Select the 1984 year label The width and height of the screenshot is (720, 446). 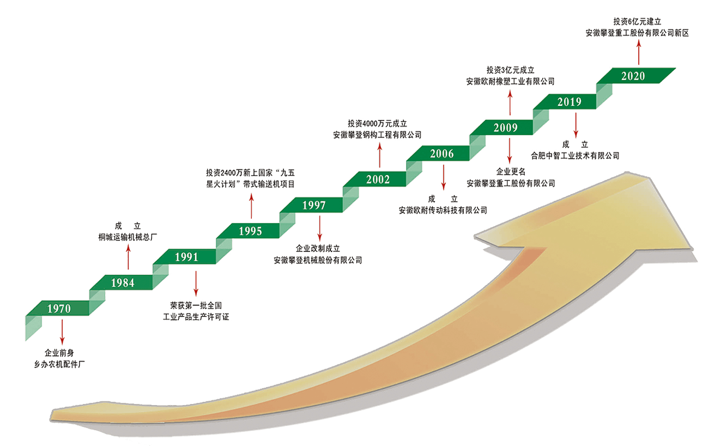click(x=123, y=282)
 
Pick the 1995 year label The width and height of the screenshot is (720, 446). click(x=250, y=231)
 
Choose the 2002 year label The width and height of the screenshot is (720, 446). click(x=378, y=179)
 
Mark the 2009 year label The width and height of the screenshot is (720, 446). click(x=506, y=128)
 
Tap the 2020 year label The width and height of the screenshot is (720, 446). click(x=633, y=76)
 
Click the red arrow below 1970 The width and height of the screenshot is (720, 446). click(x=62, y=332)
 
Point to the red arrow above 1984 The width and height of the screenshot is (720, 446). click(x=128, y=257)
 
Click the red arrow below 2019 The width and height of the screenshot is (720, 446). click(x=576, y=125)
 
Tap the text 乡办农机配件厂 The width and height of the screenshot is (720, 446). click(x=59, y=364)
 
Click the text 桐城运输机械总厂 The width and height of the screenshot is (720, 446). click(x=128, y=237)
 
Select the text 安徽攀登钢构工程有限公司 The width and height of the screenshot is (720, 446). click(x=377, y=135)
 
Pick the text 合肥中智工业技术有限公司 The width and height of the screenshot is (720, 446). click(x=575, y=155)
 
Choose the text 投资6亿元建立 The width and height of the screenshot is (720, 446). click(x=637, y=22)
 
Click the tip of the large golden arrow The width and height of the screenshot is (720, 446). click(x=627, y=173)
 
